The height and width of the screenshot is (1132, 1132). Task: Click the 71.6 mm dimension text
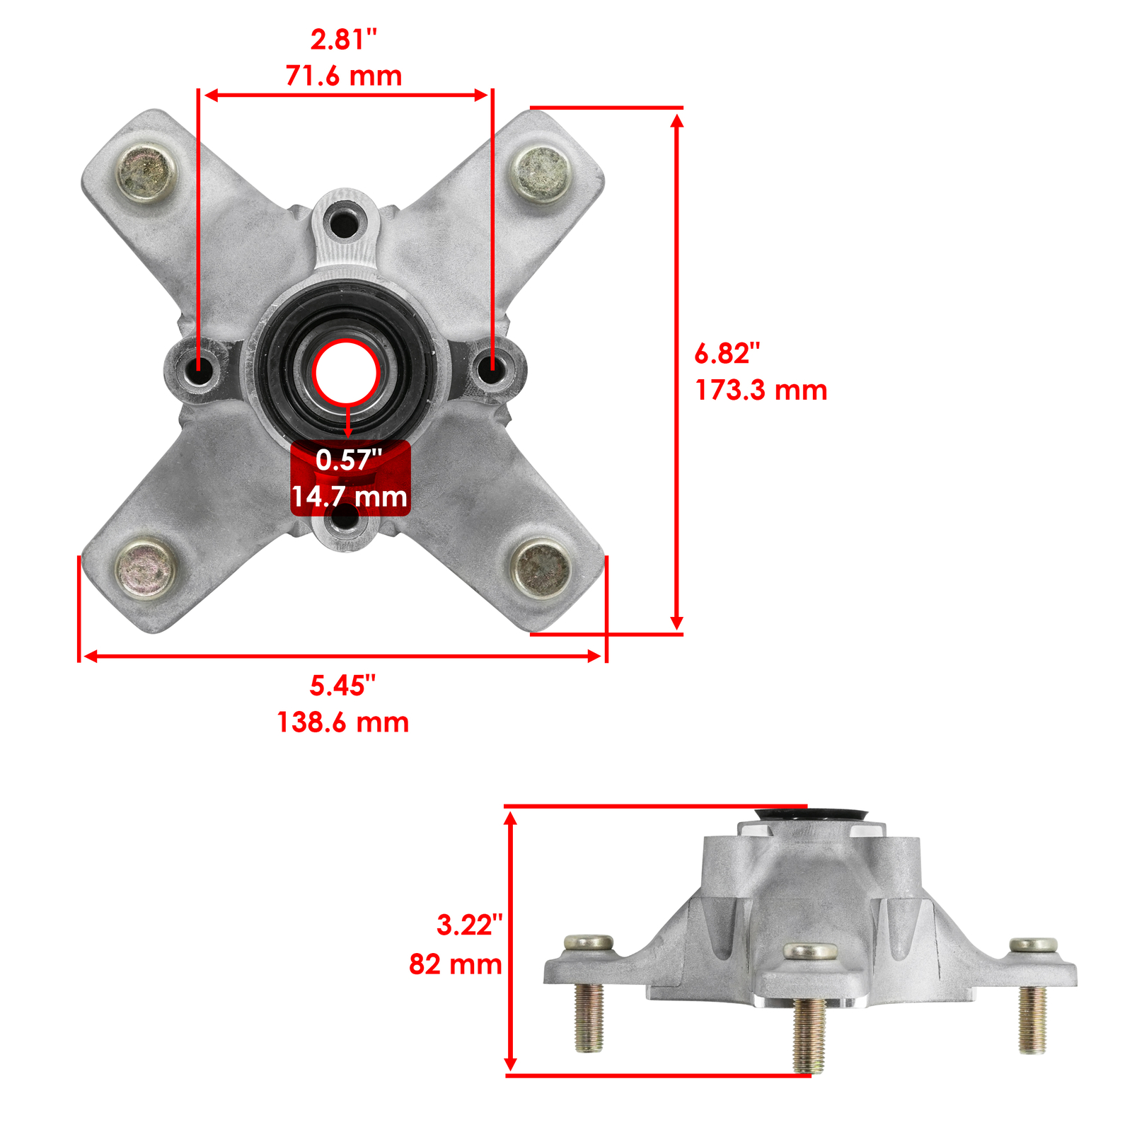click(x=344, y=76)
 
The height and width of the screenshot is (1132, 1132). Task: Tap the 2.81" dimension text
click(x=344, y=40)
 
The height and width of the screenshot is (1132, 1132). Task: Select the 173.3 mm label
click(x=761, y=390)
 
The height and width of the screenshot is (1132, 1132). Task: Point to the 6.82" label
click(x=727, y=353)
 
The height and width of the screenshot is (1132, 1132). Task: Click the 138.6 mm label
click(x=343, y=722)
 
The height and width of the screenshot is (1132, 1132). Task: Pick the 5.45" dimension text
click(x=343, y=686)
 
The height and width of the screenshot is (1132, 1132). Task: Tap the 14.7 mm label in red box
click(x=350, y=497)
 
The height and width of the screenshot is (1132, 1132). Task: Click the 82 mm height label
click(x=455, y=964)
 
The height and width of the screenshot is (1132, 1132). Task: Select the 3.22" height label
click(x=469, y=925)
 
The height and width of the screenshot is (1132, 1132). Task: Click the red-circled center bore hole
click(x=347, y=373)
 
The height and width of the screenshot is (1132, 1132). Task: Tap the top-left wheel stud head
click(x=146, y=173)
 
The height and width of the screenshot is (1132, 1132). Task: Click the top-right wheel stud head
click(x=542, y=173)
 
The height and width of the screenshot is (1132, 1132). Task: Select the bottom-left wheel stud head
click(x=146, y=570)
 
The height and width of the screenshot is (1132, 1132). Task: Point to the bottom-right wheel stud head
click(x=542, y=568)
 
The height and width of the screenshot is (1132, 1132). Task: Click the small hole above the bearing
click(x=345, y=222)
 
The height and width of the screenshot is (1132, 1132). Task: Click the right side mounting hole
click(x=493, y=366)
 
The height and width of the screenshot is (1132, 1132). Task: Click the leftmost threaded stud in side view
click(x=589, y=1015)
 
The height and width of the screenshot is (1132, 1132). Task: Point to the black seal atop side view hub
click(x=812, y=814)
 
